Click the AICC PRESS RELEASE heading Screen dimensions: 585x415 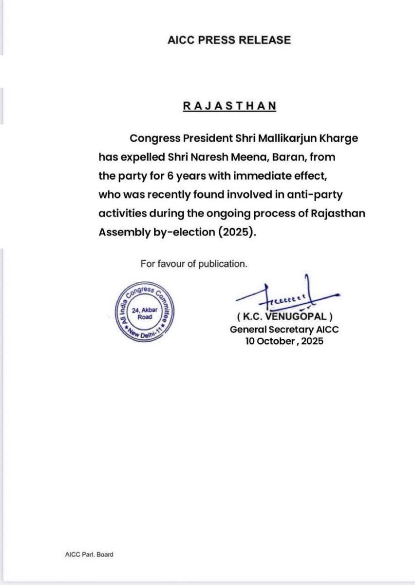(228, 40)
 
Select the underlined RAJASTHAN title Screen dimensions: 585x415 (229, 106)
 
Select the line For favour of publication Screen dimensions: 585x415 (194, 264)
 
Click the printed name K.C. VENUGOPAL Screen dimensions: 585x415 (284, 319)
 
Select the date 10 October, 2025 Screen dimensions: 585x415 (284, 341)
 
